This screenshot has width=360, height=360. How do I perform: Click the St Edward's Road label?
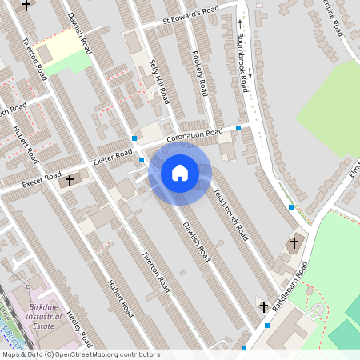(190, 14)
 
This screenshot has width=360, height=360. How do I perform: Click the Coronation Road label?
(194, 137)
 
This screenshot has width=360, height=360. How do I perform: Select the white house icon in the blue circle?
(179, 173)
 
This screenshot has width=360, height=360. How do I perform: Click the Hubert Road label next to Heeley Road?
(120, 296)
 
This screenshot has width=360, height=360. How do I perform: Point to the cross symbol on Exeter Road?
(70, 180)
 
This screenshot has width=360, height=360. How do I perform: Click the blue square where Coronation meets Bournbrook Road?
(238, 128)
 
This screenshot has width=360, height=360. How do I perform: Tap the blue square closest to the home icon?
(142, 160)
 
